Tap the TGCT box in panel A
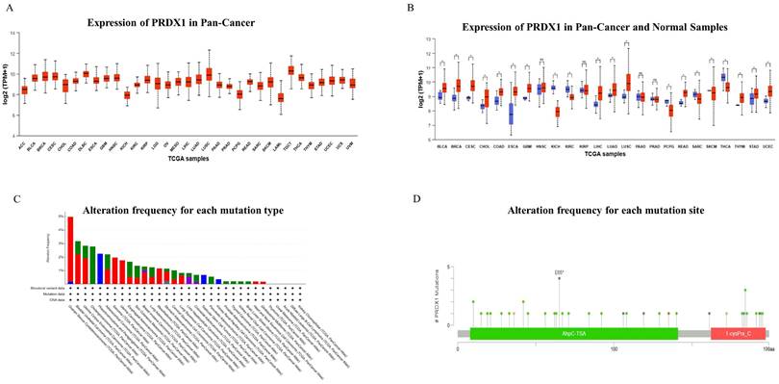(291, 70)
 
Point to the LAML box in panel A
(280, 97)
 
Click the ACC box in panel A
(24, 89)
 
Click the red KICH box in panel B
(557, 112)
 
